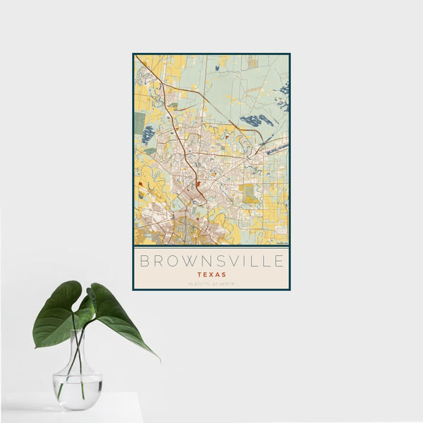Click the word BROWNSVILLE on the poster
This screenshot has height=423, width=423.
pos(211,262)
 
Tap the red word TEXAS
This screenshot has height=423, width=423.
pos(211,274)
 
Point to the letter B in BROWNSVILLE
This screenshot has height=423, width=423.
pos(144,262)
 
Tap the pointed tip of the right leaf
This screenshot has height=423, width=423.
pos(158,359)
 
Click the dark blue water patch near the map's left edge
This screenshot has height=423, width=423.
pos(148,134)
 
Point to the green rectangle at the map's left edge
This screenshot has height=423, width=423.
pos(140,121)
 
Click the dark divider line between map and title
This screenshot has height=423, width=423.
pos(211,247)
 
